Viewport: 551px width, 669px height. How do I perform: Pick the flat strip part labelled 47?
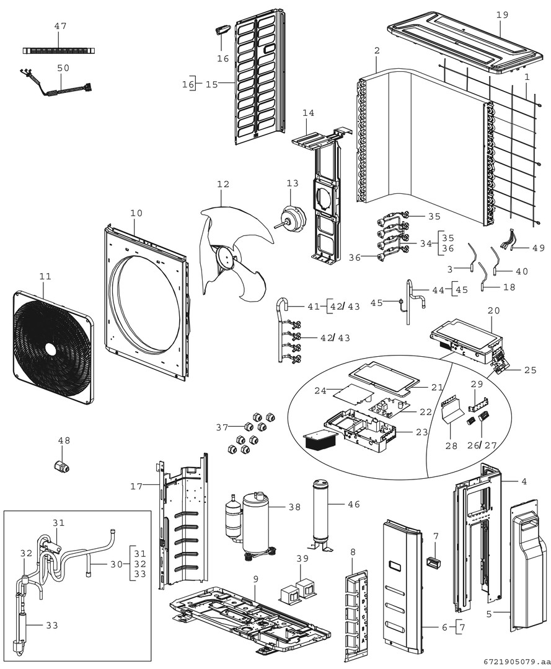click(x=60, y=49)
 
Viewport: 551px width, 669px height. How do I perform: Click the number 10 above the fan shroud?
click(x=136, y=213)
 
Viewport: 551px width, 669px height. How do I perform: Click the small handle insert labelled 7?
click(x=431, y=564)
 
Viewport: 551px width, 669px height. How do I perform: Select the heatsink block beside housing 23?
click(x=319, y=441)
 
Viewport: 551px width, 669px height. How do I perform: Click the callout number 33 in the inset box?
click(x=53, y=626)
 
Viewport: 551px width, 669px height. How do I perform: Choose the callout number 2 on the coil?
click(x=377, y=50)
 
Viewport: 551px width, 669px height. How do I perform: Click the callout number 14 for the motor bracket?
click(x=309, y=113)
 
